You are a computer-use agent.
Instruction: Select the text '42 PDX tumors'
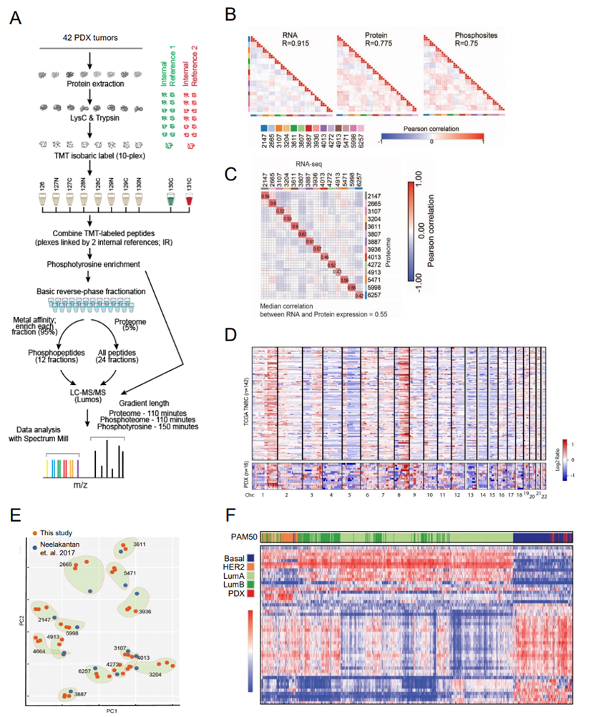90,36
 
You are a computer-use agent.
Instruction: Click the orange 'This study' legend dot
34,532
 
